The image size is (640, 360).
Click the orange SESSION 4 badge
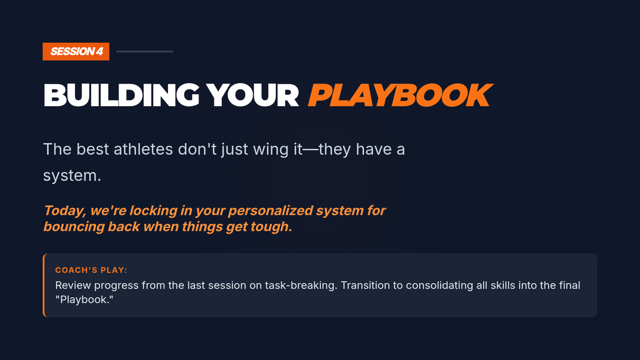(x=76, y=51)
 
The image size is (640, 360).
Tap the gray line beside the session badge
(x=145, y=51)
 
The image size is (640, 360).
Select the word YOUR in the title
(x=253, y=95)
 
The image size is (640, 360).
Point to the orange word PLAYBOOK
(x=401, y=95)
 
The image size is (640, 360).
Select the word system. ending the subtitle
(x=72, y=175)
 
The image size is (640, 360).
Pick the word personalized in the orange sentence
(x=270, y=211)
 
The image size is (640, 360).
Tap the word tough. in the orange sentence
(x=271, y=227)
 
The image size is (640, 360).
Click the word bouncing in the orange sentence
(x=74, y=227)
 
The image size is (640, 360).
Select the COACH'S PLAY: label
(x=91, y=270)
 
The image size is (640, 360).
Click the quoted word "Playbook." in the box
(x=84, y=300)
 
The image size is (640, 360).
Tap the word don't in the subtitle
(x=197, y=149)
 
